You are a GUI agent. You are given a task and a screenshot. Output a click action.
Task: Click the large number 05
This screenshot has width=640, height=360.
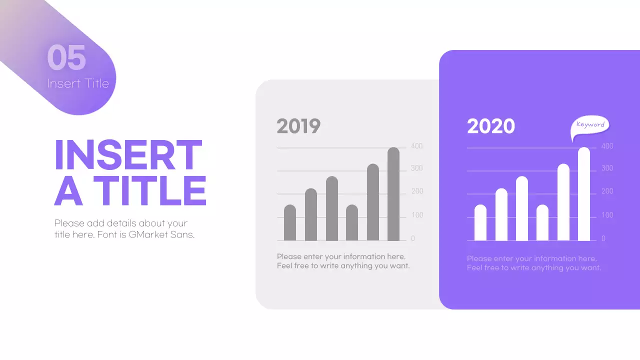(66, 57)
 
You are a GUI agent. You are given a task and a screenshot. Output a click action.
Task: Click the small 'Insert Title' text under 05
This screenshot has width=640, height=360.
(78, 83)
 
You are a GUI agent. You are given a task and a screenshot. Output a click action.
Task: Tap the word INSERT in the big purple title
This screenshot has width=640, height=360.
(128, 155)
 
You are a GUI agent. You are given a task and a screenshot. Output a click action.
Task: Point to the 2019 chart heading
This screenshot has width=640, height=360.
(298, 126)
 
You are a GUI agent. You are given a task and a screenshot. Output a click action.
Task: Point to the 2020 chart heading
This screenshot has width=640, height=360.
(491, 126)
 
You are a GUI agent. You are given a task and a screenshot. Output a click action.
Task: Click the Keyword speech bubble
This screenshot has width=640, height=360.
(590, 125)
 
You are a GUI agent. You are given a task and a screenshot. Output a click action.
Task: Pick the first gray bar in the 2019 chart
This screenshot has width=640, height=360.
(290, 223)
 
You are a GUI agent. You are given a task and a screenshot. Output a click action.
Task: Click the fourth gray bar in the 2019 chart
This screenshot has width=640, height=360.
(352, 223)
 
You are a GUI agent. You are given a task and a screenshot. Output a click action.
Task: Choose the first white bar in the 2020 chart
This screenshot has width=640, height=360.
(480, 223)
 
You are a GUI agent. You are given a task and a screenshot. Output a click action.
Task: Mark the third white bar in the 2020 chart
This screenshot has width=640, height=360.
(522, 208)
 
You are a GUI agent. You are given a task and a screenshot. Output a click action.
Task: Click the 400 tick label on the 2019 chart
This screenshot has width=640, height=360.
(416, 146)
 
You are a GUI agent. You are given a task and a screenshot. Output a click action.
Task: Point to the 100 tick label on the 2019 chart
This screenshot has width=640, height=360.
(416, 215)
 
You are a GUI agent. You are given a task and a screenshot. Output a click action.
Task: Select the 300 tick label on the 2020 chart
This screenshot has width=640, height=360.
(607, 168)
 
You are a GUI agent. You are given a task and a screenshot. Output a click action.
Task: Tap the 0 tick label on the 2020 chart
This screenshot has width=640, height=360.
(603, 238)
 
